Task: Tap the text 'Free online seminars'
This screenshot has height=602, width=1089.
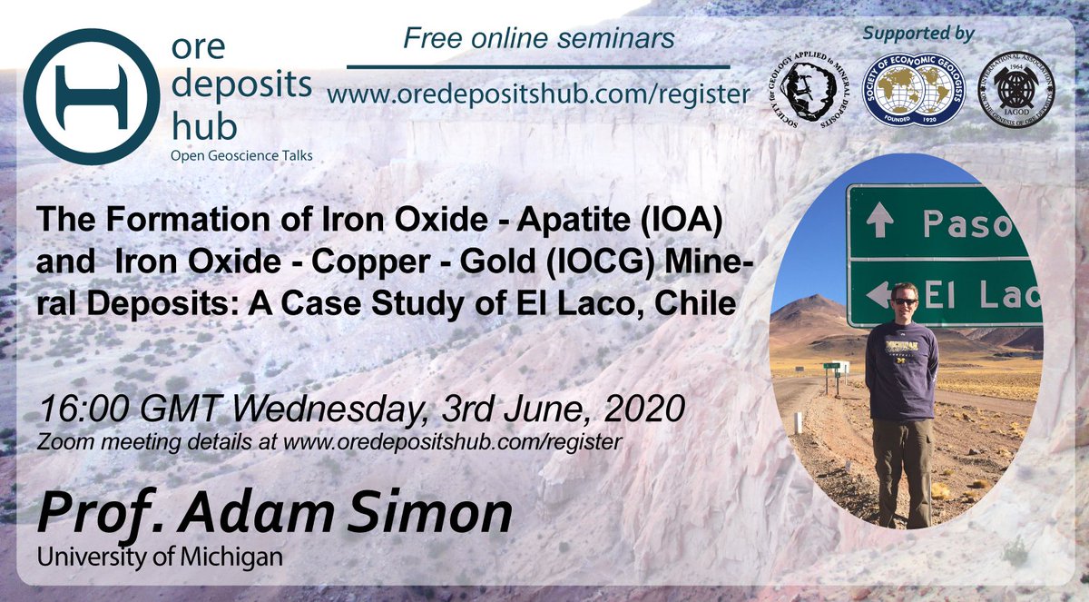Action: pyautogui.click(x=539, y=39)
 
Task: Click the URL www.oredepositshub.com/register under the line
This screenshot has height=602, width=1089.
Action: pyautogui.click(x=538, y=94)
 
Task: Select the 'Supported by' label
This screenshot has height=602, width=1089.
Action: pyautogui.click(x=917, y=35)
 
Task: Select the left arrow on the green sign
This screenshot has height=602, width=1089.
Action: pyautogui.click(x=878, y=292)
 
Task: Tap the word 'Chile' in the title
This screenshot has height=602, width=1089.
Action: pyautogui.click(x=696, y=303)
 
